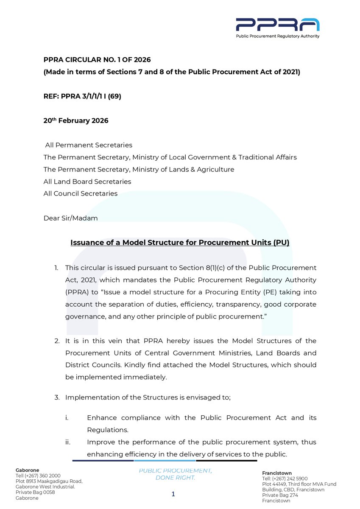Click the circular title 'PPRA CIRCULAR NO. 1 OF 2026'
coord(97,60)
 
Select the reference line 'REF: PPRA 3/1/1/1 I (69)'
coord(82,96)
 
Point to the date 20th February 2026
coord(76,121)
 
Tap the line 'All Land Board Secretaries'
coord(87,182)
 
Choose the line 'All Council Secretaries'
coord(81,194)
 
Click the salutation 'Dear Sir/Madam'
coord(71,218)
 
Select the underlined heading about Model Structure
coord(180,243)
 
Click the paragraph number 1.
coord(56,268)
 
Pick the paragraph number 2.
coord(56,341)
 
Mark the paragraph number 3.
coord(56,397)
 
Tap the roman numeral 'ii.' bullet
coord(68,442)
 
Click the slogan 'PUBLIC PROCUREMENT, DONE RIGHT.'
coord(176,474)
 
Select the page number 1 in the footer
coord(173,494)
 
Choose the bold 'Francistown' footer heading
coord(277,473)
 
